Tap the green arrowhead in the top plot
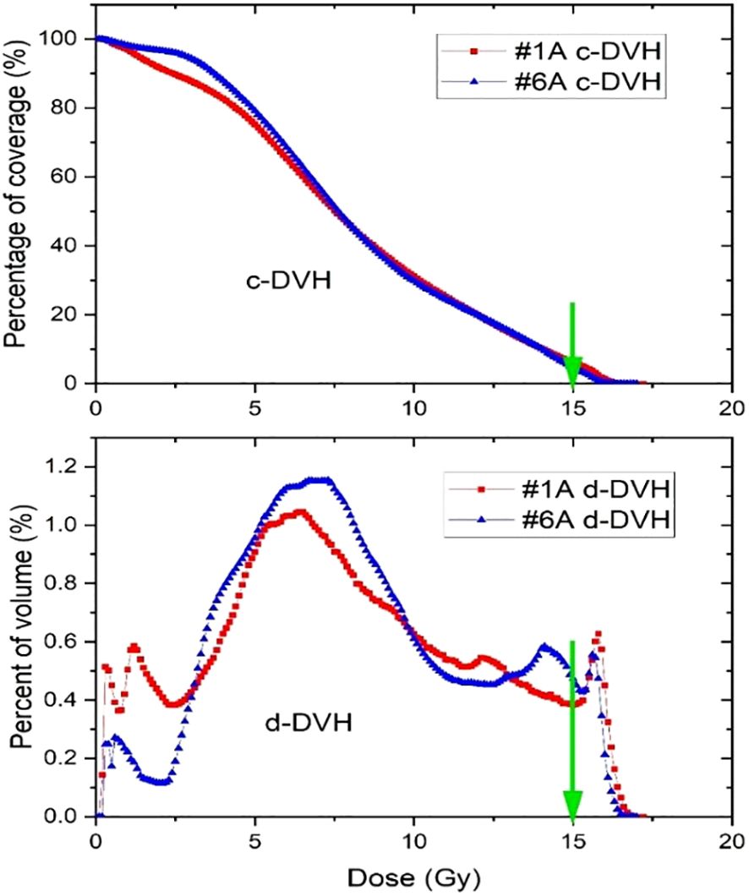573,370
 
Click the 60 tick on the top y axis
69,178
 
